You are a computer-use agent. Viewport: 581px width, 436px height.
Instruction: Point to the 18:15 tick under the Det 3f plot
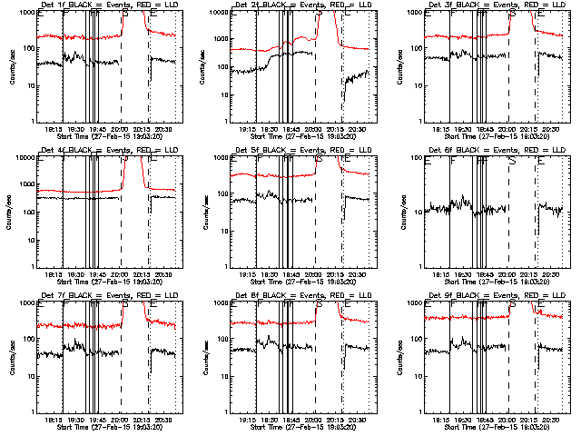[439, 128]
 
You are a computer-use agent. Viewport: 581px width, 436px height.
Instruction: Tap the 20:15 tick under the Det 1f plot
[143, 128]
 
